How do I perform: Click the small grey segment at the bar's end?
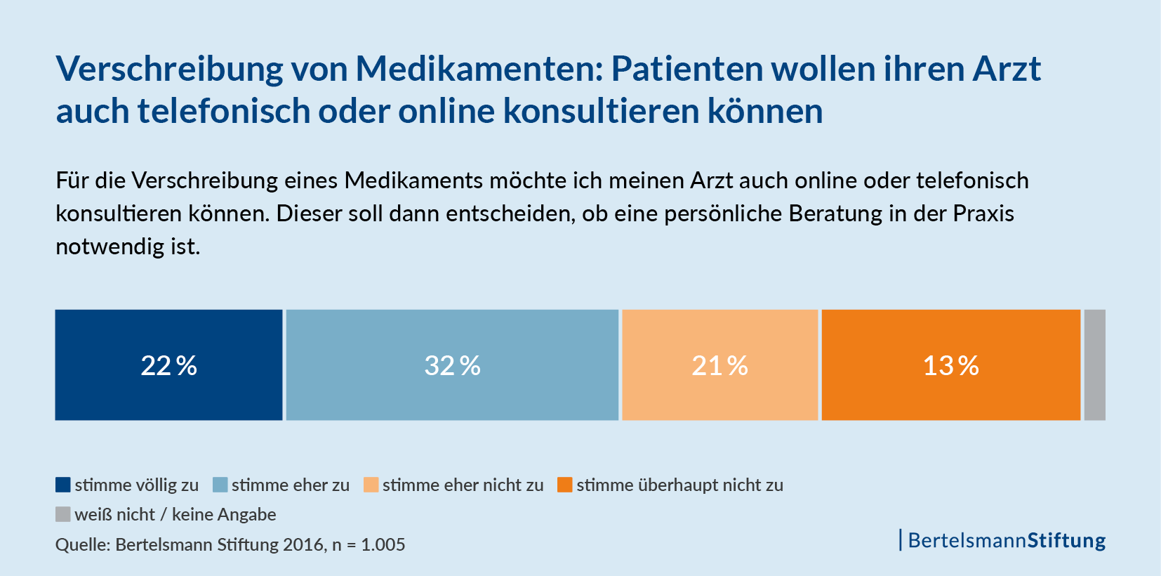click(1094, 365)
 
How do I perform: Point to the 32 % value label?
click(452, 366)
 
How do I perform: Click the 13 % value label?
click(950, 366)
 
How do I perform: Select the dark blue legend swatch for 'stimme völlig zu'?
click(63, 485)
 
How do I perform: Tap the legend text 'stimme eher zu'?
click(291, 485)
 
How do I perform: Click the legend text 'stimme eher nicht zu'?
click(463, 485)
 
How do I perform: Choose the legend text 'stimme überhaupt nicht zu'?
click(679, 485)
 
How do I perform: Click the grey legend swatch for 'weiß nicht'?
click(63, 514)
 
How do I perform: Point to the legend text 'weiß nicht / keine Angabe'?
click(175, 515)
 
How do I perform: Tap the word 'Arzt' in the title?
click(1006, 69)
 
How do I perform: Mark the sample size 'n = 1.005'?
click(369, 544)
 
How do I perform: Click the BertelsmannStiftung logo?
click(1004, 540)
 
